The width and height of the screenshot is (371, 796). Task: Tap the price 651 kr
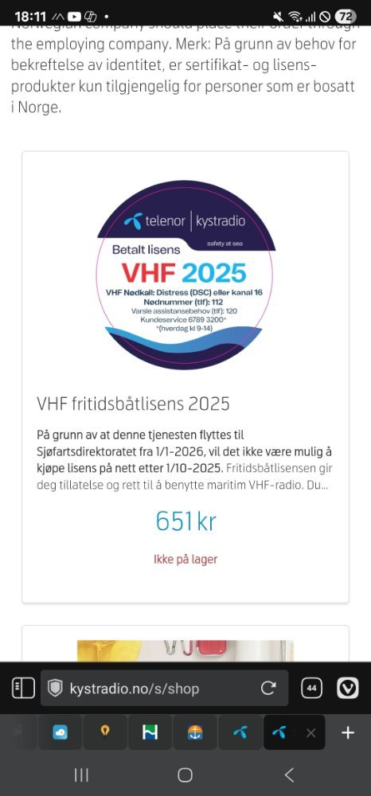click(185, 521)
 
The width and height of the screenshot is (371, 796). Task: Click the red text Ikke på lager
click(185, 559)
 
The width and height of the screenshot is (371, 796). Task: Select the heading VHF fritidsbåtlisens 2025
click(133, 404)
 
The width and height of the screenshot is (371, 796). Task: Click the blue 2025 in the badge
click(214, 272)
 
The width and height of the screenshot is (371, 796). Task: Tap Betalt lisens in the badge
click(146, 249)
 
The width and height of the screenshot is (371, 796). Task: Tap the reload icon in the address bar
click(268, 689)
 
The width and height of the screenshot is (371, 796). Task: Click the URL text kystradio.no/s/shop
click(135, 689)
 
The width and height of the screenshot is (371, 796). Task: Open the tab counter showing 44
click(311, 689)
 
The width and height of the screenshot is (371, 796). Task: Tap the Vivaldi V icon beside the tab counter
click(348, 689)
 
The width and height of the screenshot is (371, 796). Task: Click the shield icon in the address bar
click(55, 689)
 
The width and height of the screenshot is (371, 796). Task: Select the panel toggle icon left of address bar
click(23, 689)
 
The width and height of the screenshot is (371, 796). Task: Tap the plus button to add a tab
click(348, 732)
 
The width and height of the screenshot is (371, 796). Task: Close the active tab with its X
click(310, 733)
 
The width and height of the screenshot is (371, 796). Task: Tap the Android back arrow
click(289, 775)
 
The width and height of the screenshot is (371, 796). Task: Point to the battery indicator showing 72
click(346, 16)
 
